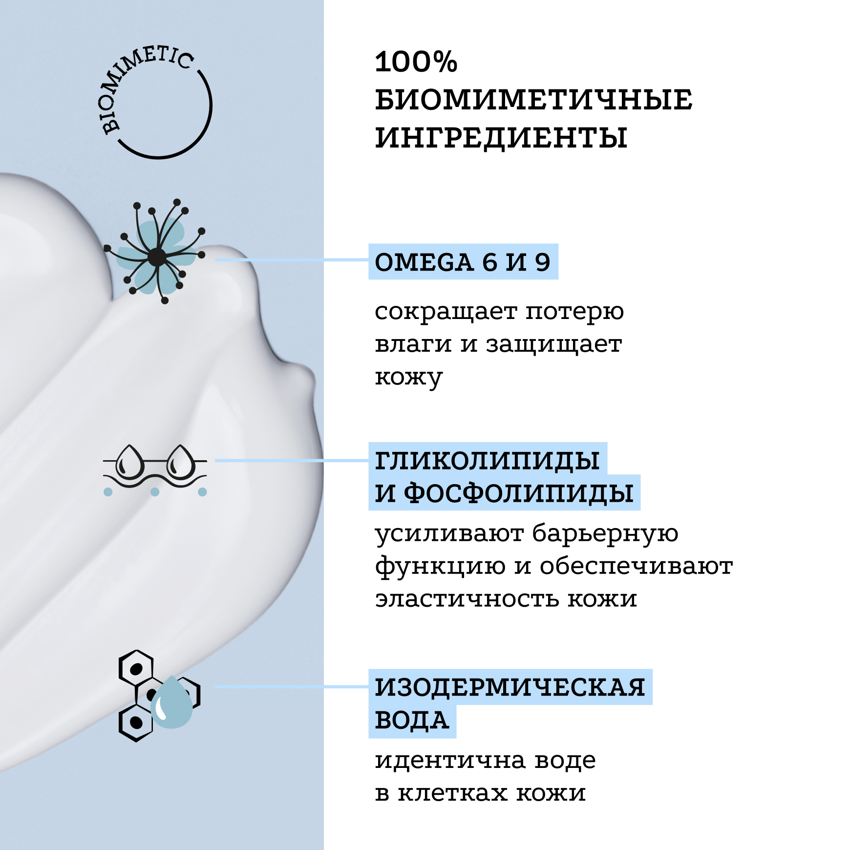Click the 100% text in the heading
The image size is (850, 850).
(x=416, y=62)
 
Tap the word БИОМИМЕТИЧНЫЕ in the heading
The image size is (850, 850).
(x=533, y=100)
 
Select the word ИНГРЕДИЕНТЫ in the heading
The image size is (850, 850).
(x=501, y=137)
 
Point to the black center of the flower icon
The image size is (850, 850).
(x=157, y=257)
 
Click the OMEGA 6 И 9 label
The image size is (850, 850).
(x=462, y=262)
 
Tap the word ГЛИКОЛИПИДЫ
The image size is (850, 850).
(x=487, y=461)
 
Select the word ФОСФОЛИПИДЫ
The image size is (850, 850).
(x=519, y=492)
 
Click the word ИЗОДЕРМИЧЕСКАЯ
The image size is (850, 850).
(x=510, y=687)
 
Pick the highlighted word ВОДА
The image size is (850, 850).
(x=412, y=720)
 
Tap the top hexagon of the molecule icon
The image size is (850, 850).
(x=136, y=668)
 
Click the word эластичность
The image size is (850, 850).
(x=467, y=599)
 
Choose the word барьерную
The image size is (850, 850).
(x=605, y=533)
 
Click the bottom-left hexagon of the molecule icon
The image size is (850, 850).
(x=136, y=722)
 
